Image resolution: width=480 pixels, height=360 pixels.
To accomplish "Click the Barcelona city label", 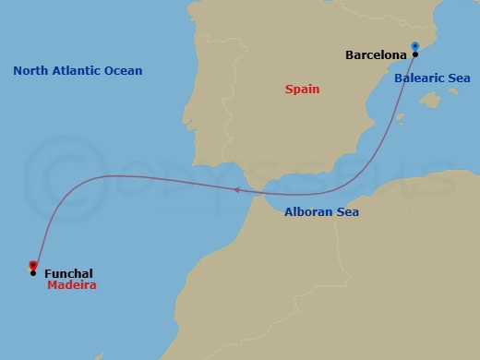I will [377, 55].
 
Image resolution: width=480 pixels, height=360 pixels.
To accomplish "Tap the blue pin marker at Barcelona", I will [415, 46].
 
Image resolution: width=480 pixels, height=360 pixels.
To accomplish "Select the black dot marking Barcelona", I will [415, 55].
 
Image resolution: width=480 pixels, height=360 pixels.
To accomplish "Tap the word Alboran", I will [306, 212].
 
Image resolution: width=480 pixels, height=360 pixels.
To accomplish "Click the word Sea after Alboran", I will [347, 212].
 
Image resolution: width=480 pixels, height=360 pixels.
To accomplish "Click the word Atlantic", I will [80, 70].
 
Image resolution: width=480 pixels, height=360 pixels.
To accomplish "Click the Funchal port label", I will [68, 273].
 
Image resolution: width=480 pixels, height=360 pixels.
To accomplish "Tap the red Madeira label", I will [71, 286].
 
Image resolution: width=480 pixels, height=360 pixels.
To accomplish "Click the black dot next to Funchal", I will [33, 273].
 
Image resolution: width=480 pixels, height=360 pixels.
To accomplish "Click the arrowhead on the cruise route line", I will [237, 190].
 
